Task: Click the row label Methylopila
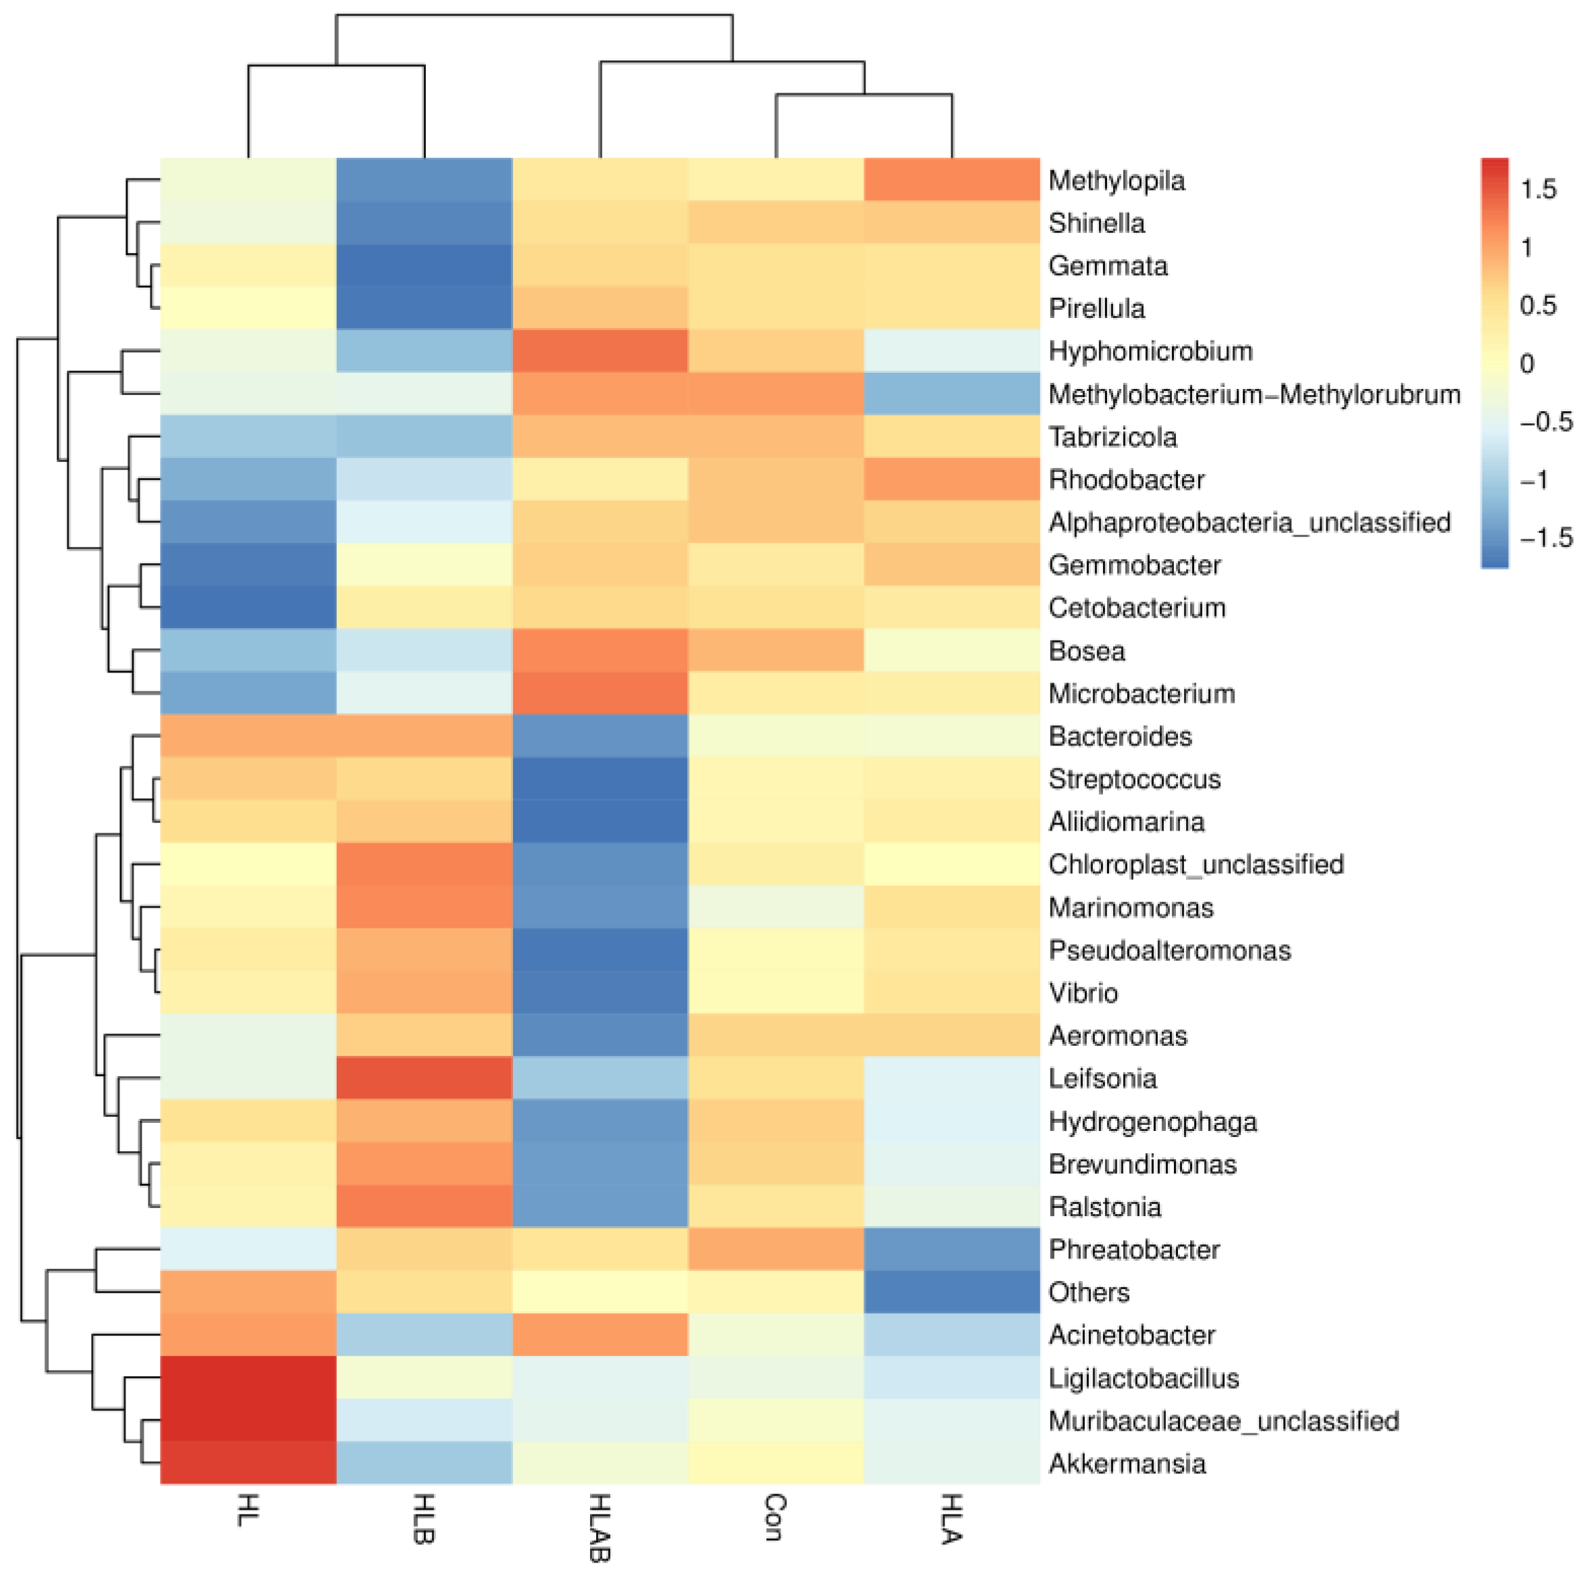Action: (x=1116, y=180)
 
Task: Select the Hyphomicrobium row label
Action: (x=1150, y=351)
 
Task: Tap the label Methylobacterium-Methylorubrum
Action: (x=1254, y=395)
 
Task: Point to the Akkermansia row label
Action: (x=1127, y=1463)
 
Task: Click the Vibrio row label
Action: (x=1083, y=993)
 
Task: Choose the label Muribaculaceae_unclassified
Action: (x=1223, y=1421)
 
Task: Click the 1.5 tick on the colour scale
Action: (x=1538, y=190)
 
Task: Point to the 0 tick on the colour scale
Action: (x=1527, y=363)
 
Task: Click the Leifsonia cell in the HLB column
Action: (x=424, y=1078)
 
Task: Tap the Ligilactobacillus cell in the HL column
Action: (x=248, y=1377)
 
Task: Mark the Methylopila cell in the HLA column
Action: (x=952, y=180)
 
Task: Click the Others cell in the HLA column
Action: (x=952, y=1292)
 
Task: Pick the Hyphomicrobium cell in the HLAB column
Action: (x=599, y=351)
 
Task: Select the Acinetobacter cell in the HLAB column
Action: (x=599, y=1335)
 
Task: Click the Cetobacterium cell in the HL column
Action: (x=248, y=608)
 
